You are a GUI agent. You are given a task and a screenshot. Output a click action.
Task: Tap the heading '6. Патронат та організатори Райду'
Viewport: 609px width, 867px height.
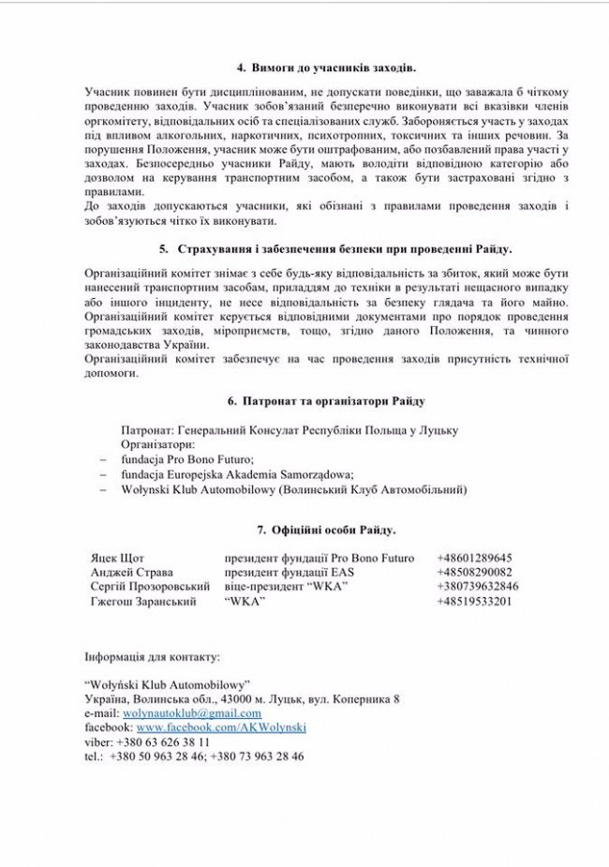tap(327, 401)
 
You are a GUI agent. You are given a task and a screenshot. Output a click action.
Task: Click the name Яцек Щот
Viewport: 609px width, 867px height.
tap(118, 558)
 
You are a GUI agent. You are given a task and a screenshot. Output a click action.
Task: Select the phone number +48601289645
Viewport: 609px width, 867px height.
tap(475, 558)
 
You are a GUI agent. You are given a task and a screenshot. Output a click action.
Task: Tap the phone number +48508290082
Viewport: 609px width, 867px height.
tap(475, 572)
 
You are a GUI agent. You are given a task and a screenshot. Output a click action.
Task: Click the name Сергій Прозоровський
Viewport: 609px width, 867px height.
tap(150, 587)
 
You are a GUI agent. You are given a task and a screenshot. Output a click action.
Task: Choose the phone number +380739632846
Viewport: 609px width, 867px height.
tap(479, 587)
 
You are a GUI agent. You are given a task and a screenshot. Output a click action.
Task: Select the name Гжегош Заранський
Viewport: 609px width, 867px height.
tap(143, 601)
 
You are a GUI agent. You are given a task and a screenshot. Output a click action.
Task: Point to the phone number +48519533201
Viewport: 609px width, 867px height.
tap(475, 601)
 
